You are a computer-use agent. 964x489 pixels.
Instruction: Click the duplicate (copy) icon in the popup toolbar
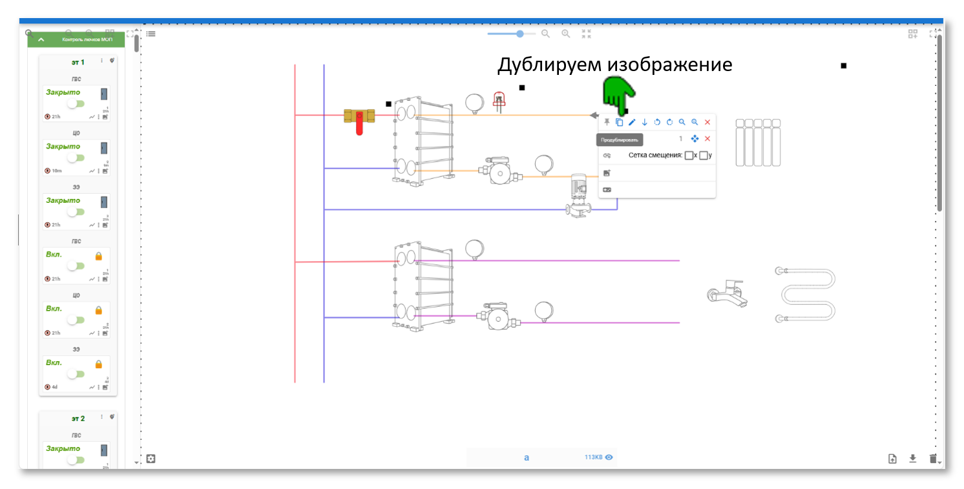tap(619, 122)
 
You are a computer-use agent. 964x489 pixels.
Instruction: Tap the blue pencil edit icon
tap(632, 122)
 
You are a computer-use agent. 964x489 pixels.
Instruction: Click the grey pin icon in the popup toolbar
tap(607, 122)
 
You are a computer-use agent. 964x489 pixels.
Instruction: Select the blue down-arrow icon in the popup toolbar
tap(644, 122)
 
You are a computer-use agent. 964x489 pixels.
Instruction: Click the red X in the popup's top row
tap(707, 122)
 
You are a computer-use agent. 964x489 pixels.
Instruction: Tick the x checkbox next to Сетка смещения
tap(689, 155)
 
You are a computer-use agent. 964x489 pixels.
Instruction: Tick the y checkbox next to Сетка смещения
tap(704, 155)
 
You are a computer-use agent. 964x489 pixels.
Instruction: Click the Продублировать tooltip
tap(620, 140)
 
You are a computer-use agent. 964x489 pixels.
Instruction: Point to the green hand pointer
tap(617, 94)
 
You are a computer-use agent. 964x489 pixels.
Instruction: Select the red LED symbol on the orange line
tap(498, 101)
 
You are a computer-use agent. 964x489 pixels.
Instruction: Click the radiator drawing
tap(758, 142)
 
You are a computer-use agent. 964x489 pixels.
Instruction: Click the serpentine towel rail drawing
tap(806, 294)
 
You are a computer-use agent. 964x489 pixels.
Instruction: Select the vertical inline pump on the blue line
tap(577, 195)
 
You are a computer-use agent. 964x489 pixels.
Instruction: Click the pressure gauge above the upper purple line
tap(475, 249)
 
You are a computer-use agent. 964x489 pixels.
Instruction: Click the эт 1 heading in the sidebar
tap(78, 63)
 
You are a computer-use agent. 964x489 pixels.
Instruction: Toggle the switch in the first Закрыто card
tap(76, 104)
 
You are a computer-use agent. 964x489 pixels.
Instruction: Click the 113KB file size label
tap(592, 457)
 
